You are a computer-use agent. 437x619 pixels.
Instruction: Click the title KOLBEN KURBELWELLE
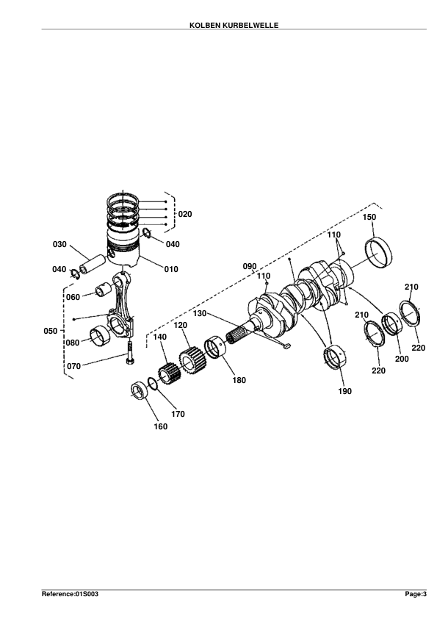(234, 25)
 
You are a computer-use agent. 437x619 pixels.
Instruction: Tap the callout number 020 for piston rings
(185, 214)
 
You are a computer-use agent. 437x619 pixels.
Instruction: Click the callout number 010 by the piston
(171, 269)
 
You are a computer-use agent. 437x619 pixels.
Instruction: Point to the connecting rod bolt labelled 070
(131, 354)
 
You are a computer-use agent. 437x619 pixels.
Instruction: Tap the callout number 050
(51, 331)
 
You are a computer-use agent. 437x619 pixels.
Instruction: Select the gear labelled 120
(193, 360)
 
